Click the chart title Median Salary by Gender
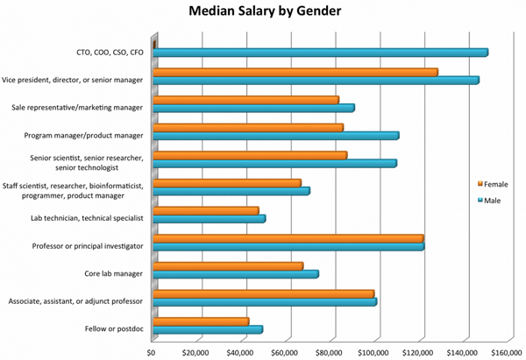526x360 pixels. [262, 13]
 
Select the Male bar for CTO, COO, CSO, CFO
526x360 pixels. [320, 53]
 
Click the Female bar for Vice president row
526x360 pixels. [295, 72]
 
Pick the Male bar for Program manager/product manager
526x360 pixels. [275, 136]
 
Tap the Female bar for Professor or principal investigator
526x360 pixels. [288, 238]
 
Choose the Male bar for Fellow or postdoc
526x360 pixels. [208, 329]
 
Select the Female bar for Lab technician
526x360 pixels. [206, 210]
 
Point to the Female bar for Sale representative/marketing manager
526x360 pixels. [245, 100]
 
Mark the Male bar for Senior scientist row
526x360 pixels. [274, 164]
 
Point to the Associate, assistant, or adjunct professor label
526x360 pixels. [79, 299]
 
